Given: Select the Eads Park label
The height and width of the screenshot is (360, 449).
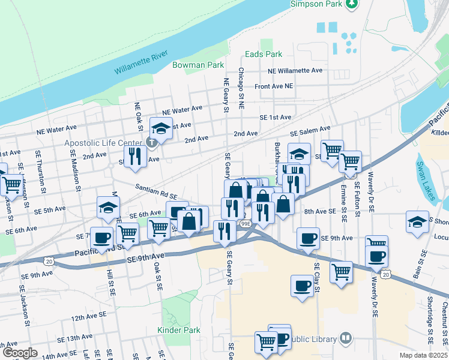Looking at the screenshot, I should [263, 54].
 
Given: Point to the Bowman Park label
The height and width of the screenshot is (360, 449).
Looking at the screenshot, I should [197, 65].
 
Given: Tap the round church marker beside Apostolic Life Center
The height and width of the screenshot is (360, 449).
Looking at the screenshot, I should [152, 142].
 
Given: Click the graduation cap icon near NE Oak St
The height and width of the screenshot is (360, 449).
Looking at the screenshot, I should [161, 127].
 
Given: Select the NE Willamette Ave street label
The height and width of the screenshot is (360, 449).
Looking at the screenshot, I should [295, 70].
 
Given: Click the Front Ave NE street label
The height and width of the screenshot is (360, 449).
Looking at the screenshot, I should [274, 86].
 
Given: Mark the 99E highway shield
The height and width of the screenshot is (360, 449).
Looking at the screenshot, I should [245, 223].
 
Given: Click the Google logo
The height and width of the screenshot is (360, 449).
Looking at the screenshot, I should [20, 353].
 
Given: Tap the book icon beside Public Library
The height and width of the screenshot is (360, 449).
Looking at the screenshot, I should [346, 339].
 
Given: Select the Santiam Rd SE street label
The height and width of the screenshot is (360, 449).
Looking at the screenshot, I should [155, 191].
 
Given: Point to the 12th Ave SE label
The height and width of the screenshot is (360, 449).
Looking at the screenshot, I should [88, 316].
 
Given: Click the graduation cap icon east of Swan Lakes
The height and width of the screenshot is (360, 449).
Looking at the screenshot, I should [417, 221].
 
